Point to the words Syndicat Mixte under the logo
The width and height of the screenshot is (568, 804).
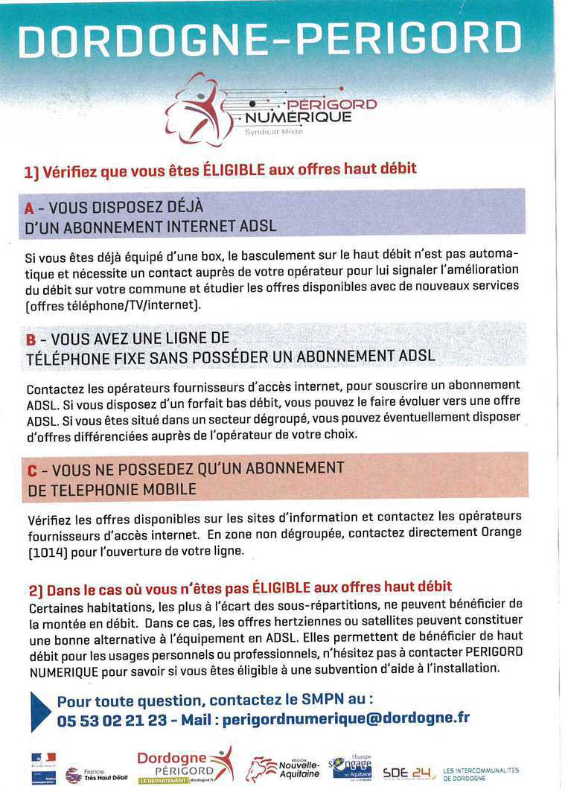274,133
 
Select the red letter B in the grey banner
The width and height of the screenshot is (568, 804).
31,339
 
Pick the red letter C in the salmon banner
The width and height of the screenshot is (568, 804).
32,470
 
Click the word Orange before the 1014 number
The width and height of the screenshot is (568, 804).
499,532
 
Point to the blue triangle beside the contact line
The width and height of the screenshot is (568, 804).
40,710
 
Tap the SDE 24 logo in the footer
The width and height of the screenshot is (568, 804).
409,773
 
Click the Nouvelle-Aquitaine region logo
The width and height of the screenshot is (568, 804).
284,770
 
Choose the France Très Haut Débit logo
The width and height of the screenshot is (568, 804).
86,775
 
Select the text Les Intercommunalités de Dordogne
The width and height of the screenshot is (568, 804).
481,774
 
